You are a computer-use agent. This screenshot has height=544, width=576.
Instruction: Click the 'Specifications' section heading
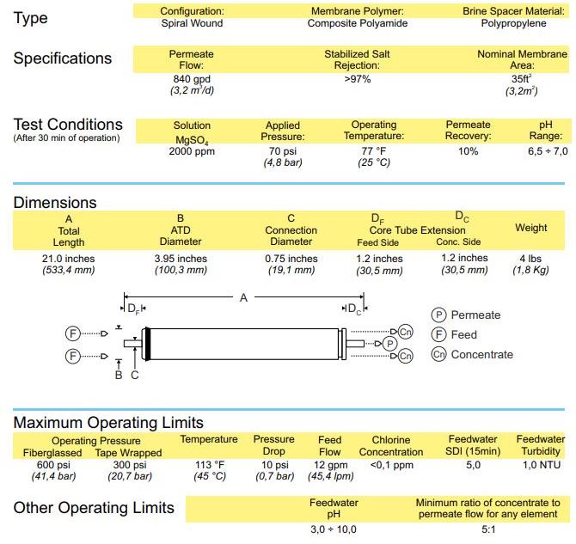click(x=63, y=58)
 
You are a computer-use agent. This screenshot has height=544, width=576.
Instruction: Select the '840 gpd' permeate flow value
click(x=192, y=79)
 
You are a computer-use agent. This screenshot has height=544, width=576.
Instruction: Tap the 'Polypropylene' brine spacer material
click(x=513, y=23)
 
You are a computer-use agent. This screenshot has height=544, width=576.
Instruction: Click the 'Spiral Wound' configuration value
click(x=192, y=23)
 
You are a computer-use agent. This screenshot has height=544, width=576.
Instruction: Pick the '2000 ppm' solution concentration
click(x=192, y=151)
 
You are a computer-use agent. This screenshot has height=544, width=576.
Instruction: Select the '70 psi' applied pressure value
click(x=283, y=151)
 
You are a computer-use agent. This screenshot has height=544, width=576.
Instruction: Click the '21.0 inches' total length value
click(x=68, y=259)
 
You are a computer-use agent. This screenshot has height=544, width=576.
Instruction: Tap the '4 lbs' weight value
click(x=530, y=259)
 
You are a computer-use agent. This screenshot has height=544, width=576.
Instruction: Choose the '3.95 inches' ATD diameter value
click(x=180, y=259)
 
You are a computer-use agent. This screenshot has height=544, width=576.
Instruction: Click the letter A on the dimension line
click(x=243, y=297)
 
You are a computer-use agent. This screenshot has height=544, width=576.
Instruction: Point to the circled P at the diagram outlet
click(x=389, y=343)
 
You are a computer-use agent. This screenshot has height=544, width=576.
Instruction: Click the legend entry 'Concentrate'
click(x=481, y=354)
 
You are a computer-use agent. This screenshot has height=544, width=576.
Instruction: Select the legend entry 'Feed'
click(x=463, y=334)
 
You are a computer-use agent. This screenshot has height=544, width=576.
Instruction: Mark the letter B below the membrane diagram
click(x=119, y=374)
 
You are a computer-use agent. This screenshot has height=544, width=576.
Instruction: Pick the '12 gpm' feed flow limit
click(x=329, y=465)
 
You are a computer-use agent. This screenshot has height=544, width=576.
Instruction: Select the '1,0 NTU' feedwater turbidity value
click(x=541, y=465)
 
